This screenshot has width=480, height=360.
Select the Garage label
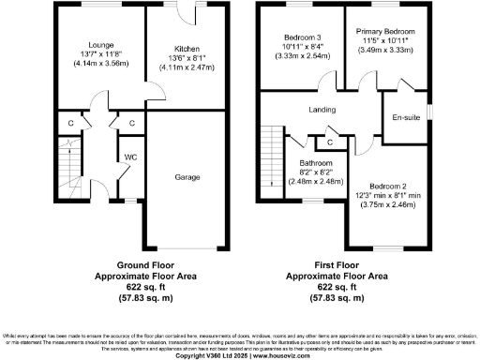(184, 175)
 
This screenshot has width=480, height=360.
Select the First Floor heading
(337, 265)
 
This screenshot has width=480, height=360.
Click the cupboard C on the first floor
(329, 142)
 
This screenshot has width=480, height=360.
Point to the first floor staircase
(271, 159)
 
